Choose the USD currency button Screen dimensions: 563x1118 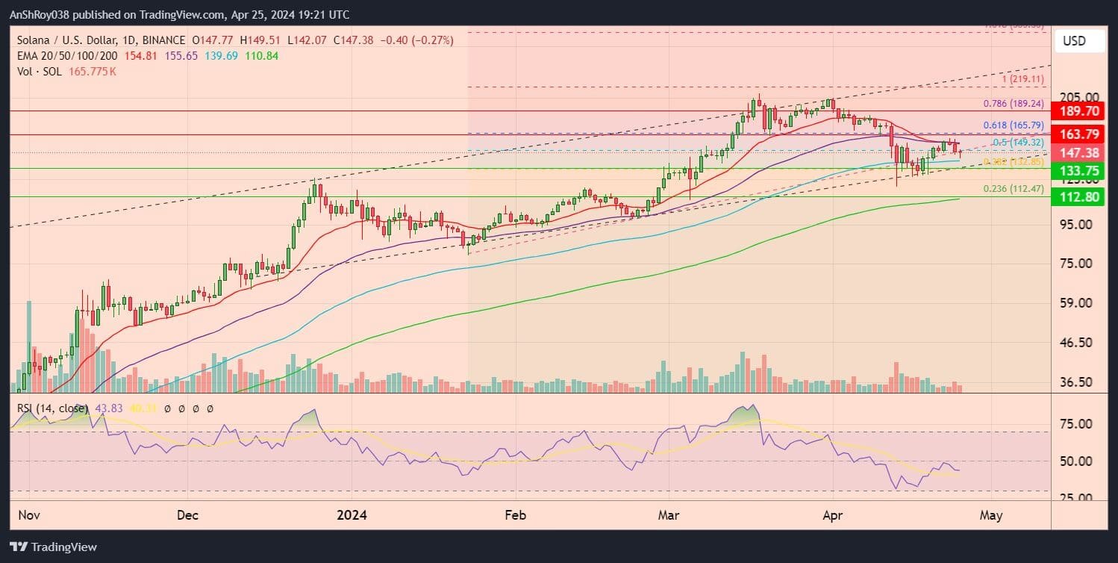pos(1080,41)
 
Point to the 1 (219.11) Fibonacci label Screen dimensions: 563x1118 pos(1022,78)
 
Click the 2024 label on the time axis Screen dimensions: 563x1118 pos(350,515)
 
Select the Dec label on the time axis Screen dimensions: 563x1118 pos(187,515)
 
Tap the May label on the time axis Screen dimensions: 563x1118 pos(990,515)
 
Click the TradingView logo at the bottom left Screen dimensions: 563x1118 pos(54,547)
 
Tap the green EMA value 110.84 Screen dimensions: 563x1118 pos(261,56)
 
